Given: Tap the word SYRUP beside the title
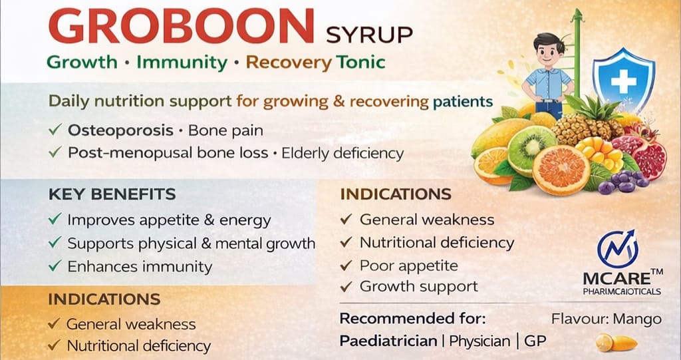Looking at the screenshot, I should point(369,33).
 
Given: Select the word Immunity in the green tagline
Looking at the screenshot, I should point(180,63).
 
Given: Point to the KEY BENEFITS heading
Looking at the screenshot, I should point(112,194).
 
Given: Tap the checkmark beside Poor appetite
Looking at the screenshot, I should point(346,266).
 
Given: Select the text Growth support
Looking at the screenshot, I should point(418,287).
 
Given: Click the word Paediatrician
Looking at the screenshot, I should point(388,341).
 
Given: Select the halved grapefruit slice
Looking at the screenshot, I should point(560,170).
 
